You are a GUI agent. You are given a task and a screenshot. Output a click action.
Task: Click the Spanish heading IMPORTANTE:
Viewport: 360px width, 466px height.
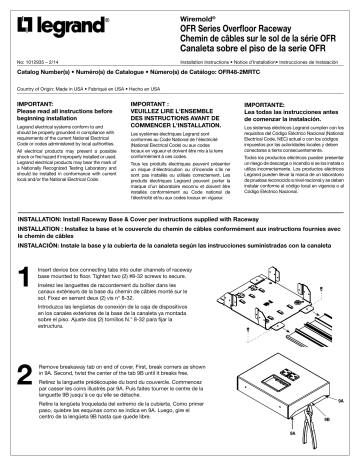pos(264,103)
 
